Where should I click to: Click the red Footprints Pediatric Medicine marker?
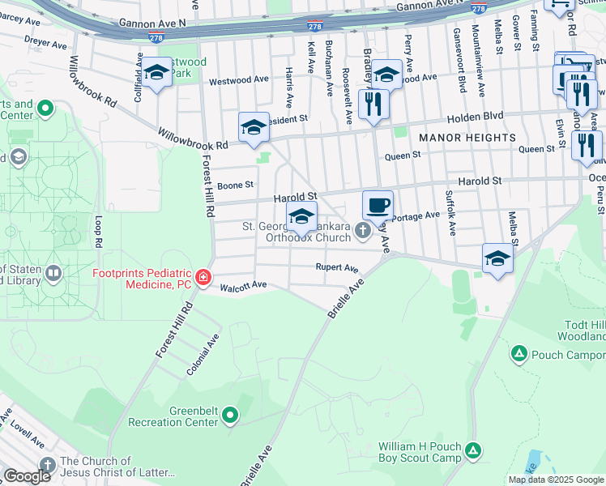coord(203,279)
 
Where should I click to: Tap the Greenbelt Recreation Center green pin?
coord(231,416)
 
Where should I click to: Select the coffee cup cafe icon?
coord(378,206)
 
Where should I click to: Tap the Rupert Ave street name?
coord(337,268)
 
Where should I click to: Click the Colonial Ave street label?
coord(203,351)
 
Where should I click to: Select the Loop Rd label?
coord(99,232)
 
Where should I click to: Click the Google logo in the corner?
coord(27,476)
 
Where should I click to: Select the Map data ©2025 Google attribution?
coord(556,480)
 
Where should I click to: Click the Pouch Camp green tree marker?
coord(519,354)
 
